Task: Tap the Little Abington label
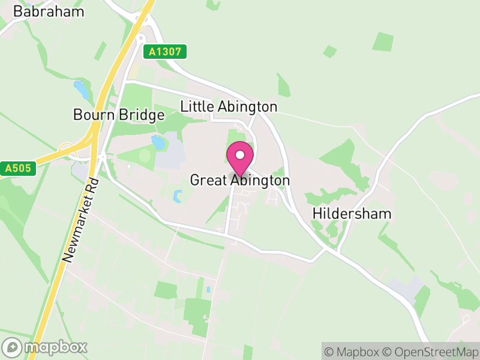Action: (229, 107)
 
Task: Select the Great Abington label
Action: (240, 180)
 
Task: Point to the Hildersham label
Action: (352, 214)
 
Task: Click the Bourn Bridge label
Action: (119, 115)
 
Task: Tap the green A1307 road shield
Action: (165, 52)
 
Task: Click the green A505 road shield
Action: (17, 169)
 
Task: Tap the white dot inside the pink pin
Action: (240, 155)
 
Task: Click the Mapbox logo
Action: (46, 347)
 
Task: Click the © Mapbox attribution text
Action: (353, 352)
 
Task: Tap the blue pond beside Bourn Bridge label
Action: (158, 142)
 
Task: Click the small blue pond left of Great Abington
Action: (178, 196)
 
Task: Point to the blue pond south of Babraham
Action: (80, 91)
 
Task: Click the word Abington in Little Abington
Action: (247, 107)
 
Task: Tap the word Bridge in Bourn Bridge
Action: (144, 115)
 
